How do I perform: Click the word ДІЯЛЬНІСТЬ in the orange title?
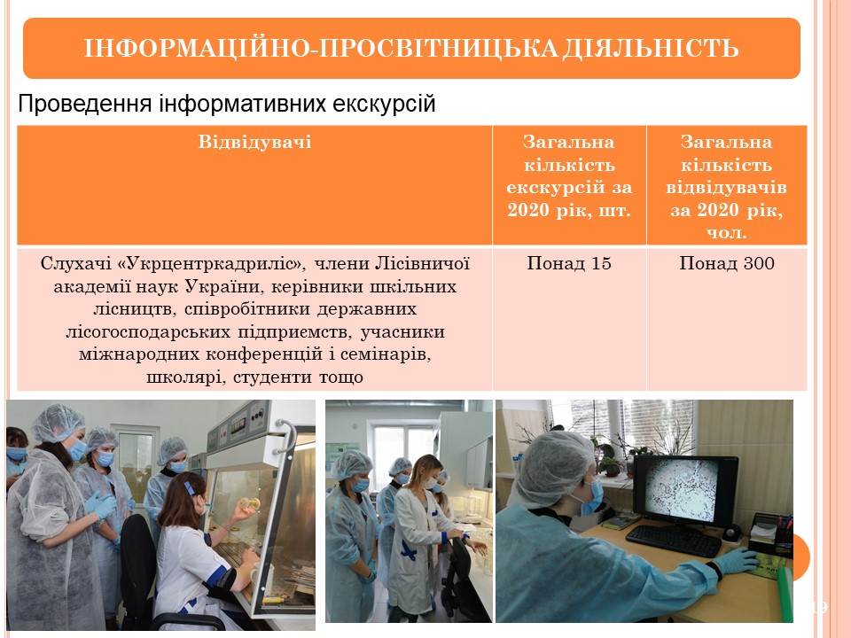coord(650,48)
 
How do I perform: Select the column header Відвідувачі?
coord(254,142)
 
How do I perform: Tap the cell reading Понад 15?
coord(569,264)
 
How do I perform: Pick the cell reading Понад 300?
coord(727,264)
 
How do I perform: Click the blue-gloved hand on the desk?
coord(737,561)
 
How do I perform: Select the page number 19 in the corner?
coord(818,607)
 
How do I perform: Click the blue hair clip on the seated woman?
coord(189,488)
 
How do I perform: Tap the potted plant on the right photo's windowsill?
coord(610,457)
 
